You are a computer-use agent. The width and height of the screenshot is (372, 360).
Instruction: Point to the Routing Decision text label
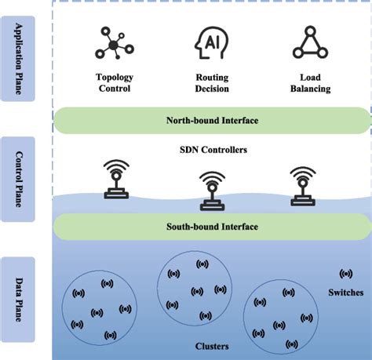pyautogui.click(x=212, y=83)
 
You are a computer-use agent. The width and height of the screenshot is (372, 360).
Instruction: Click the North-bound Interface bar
pyautogui.click(x=212, y=121)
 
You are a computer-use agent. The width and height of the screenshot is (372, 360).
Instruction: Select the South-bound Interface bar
pyautogui.click(x=212, y=227)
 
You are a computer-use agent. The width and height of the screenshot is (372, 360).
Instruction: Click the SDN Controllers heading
pyautogui.click(x=212, y=148)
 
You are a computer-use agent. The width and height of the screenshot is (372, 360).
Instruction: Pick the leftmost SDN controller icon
pyautogui.click(x=116, y=179)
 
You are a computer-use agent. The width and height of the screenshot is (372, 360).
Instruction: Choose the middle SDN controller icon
pyautogui.click(x=210, y=191)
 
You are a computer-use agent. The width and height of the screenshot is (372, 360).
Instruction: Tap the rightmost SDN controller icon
pyautogui.click(x=303, y=183)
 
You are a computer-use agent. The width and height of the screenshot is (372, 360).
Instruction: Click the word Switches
pyautogui.click(x=346, y=292)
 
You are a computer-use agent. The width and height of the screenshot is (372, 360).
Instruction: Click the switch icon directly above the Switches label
pyautogui.click(x=346, y=274)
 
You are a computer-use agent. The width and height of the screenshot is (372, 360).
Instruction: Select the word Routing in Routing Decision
pyautogui.click(x=212, y=78)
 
